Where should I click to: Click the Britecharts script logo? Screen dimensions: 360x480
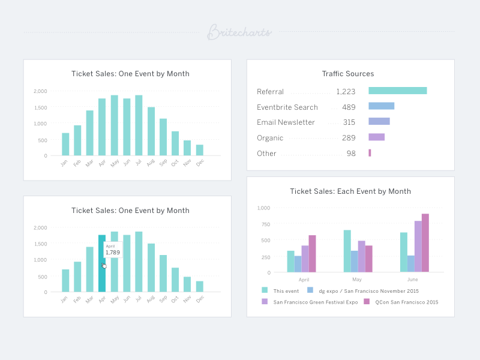point(239,32)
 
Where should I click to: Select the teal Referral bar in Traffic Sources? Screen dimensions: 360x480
point(397,91)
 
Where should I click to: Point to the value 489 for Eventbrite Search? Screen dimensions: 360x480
point(349,107)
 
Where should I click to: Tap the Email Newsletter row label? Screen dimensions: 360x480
point(286,122)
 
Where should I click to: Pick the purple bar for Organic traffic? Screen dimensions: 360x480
point(376,137)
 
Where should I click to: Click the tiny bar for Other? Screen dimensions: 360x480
point(370,153)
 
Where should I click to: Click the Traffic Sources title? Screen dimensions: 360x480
point(347,74)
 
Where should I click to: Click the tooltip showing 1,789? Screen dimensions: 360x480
point(113,250)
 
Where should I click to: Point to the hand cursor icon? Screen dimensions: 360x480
point(104,265)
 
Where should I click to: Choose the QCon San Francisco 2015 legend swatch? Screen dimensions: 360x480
point(367,302)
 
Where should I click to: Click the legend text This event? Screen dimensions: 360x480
point(286,291)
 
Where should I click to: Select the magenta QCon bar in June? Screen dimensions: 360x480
point(425,243)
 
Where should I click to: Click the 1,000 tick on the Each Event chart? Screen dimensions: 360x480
point(264,208)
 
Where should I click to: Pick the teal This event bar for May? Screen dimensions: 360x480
point(347,251)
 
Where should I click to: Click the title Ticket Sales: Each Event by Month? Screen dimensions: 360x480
point(350,191)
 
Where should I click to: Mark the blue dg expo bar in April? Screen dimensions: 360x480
point(298,264)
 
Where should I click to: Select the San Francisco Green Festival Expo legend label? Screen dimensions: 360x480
point(315,302)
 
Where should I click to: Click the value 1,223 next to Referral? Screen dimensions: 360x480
point(346,92)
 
